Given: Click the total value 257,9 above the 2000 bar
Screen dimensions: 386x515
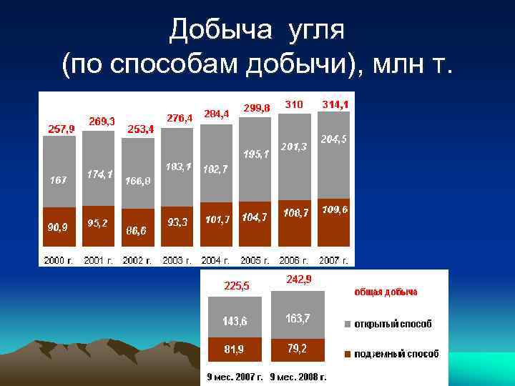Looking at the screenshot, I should (61, 129).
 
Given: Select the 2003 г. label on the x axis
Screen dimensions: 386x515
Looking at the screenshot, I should (177, 260).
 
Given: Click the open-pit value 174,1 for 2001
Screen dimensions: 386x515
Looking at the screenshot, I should (99, 174).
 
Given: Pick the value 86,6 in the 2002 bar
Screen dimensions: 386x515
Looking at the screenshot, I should (137, 231).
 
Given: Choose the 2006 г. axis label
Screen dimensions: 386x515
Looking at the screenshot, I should (295, 260).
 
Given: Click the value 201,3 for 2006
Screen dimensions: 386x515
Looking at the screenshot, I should (293, 147).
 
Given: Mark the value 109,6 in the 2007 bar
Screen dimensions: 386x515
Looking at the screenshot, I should (335, 209).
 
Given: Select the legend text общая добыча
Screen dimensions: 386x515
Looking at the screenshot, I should (386, 292).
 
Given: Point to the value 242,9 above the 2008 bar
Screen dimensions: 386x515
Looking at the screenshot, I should (298, 280).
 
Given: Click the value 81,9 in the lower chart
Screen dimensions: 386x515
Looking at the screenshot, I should (235, 350).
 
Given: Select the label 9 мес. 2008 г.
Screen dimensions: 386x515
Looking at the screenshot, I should (298, 376).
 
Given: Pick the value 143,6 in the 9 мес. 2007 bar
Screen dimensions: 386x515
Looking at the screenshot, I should (235, 322).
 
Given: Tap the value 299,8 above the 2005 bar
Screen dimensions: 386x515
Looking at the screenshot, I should (257, 108).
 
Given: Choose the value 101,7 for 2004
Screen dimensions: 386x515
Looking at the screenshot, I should (217, 219).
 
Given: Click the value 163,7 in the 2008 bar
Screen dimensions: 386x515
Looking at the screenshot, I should (298, 319).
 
